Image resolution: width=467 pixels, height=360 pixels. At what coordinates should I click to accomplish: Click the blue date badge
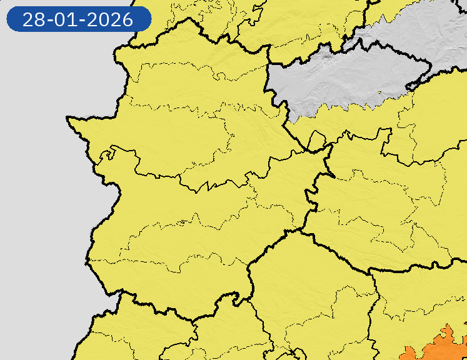[79, 19]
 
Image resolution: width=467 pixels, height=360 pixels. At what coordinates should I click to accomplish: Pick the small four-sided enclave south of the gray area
[316, 141]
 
